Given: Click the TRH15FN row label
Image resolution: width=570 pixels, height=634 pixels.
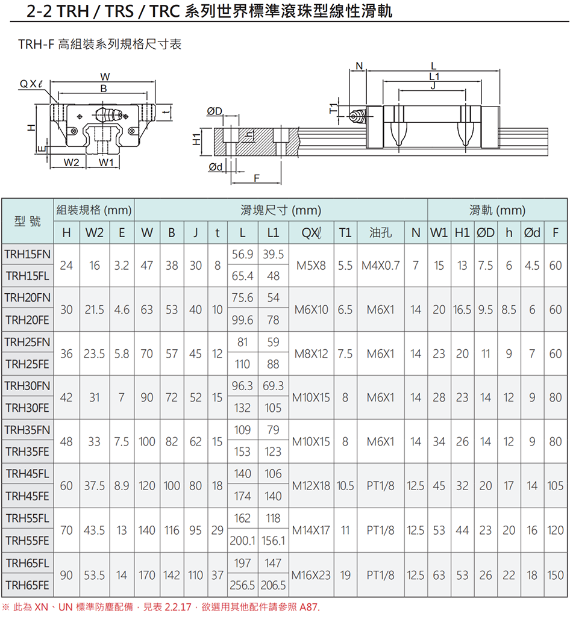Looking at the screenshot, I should coord(28,254).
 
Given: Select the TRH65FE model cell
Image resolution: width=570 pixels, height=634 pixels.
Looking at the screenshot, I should coord(28,585).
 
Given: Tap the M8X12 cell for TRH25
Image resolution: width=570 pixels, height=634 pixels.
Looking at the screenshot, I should coord(312,353).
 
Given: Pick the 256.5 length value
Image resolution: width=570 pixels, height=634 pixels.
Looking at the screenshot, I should coord(243,585).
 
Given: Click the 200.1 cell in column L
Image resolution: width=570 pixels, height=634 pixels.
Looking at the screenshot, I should coord(243,541).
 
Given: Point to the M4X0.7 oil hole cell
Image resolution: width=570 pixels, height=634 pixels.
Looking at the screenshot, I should coord(380,265).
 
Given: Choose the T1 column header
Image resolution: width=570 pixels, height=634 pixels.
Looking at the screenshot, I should coord(345,232).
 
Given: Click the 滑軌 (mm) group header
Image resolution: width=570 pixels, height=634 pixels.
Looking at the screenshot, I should coord(497,211).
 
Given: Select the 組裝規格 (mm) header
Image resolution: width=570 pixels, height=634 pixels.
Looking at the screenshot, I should coord(94,211).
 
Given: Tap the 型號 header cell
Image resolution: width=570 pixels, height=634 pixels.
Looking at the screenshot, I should coord(28,222).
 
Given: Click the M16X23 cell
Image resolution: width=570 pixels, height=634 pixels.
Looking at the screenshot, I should coord(312,575).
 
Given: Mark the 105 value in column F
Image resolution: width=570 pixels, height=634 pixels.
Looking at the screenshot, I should coord(555,486).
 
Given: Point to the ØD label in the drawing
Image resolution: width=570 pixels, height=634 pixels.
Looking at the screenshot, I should coord(214,111).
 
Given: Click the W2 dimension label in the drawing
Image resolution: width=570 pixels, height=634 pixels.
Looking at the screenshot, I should coord(72,162).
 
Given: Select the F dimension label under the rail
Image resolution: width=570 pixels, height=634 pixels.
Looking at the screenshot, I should coord(257,178).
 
